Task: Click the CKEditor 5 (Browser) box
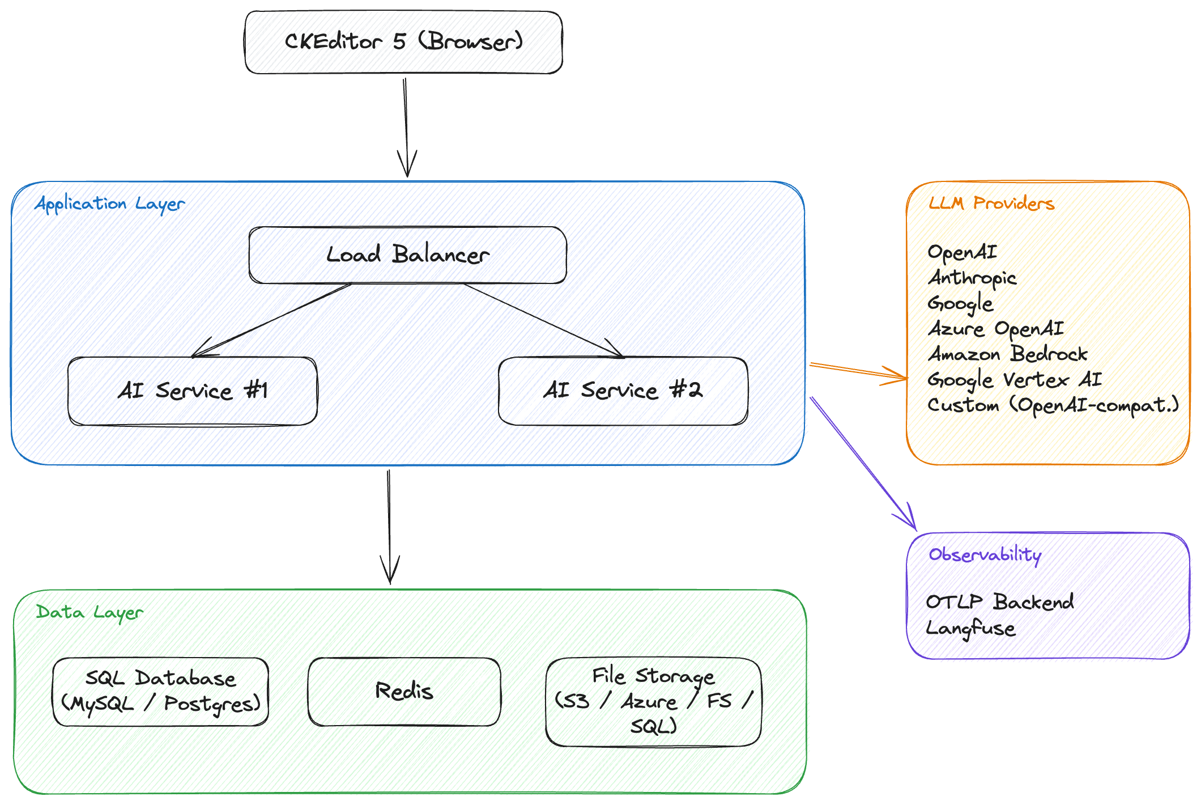pyautogui.click(x=403, y=43)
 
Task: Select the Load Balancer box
pyautogui.click(x=407, y=255)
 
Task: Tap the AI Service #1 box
pyautogui.click(x=192, y=391)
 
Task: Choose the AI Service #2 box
pyautogui.click(x=623, y=391)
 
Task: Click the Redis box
pyautogui.click(x=404, y=692)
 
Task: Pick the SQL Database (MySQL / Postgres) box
pyautogui.click(x=160, y=692)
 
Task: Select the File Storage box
pyautogui.click(x=653, y=702)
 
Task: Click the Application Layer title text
pyautogui.click(x=110, y=204)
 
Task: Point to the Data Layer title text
pyautogui.click(x=90, y=613)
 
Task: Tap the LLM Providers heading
pyautogui.click(x=991, y=204)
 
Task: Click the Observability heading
pyautogui.click(x=985, y=555)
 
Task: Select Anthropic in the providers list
pyautogui.click(x=972, y=278)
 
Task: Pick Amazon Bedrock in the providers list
pyautogui.click(x=1008, y=354)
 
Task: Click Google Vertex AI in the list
pyautogui.click(x=1014, y=380)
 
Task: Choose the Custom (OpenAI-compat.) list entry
pyautogui.click(x=1053, y=405)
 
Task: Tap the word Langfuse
pyautogui.click(x=970, y=628)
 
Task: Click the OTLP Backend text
pyautogui.click(x=1000, y=602)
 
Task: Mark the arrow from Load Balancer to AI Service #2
pyautogui.click(x=544, y=321)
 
